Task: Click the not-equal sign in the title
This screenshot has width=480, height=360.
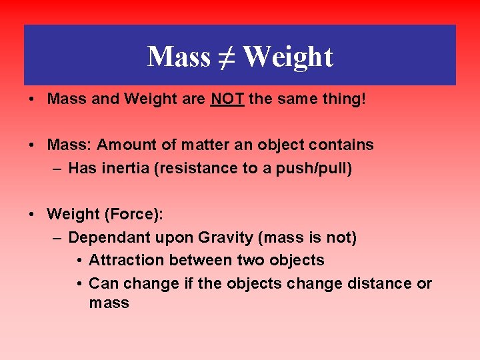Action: [226, 57]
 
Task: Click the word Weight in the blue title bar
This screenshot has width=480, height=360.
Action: [287, 57]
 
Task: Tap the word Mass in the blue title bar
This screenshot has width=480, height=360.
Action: [179, 57]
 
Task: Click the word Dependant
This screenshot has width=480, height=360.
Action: [109, 237]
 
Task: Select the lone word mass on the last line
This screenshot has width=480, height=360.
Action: [109, 304]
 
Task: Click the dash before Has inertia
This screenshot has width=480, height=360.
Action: [57, 168]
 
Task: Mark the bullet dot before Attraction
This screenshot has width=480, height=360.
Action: [79, 260]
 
